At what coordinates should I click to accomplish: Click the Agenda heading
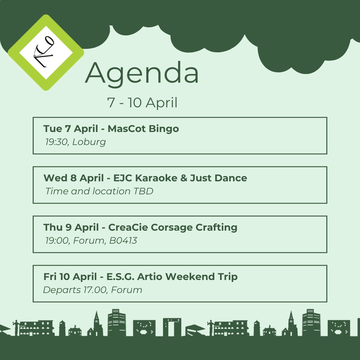142,73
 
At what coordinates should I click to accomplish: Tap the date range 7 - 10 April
142,103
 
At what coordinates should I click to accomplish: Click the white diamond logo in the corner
46,52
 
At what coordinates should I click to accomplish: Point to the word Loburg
89,142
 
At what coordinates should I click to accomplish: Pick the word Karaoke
155,178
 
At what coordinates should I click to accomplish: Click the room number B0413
123,241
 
